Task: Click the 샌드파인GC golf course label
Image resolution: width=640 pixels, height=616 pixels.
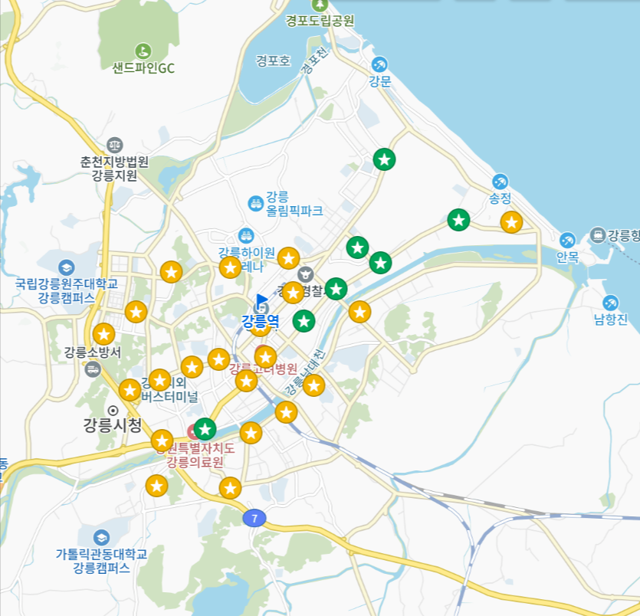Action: click(143, 68)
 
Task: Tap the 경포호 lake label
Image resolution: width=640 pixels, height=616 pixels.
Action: click(274, 61)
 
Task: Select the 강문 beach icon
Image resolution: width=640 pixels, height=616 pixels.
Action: click(379, 64)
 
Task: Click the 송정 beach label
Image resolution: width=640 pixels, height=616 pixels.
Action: click(500, 198)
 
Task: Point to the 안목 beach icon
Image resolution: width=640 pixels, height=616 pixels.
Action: click(567, 240)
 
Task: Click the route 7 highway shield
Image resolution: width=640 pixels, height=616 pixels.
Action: click(254, 519)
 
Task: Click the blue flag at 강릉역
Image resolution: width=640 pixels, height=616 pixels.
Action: click(262, 300)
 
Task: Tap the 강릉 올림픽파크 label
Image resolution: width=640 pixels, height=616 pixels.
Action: click(294, 203)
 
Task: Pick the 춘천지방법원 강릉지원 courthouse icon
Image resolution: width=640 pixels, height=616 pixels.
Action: click(115, 143)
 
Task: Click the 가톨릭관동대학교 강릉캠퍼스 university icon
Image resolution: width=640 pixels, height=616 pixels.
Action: click(101, 537)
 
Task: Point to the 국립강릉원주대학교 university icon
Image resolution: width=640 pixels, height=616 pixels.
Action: click(67, 267)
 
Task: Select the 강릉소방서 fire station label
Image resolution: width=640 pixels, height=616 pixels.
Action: click(93, 352)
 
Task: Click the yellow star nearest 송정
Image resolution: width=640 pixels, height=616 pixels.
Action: click(511, 222)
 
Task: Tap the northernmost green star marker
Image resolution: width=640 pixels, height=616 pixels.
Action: click(384, 159)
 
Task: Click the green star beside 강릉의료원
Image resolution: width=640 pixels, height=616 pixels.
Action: click(205, 429)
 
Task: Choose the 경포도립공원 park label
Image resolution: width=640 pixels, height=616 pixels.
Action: click(320, 21)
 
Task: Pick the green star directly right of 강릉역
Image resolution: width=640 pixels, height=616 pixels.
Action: click(304, 320)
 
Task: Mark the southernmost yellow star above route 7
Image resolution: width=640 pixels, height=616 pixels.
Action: click(230, 488)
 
